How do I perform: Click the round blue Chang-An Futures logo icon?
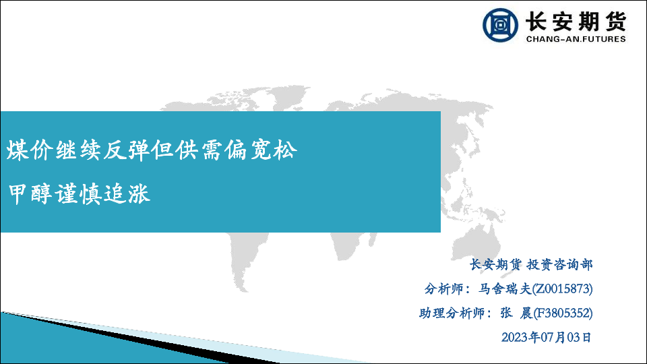click(x=500, y=25)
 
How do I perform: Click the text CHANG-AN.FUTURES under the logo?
click(x=576, y=39)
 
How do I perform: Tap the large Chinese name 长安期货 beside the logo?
click(x=576, y=21)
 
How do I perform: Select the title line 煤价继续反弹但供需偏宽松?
click(x=152, y=150)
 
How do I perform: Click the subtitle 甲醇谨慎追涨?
click(x=80, y=193)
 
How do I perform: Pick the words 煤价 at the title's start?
click(x=30, y=150)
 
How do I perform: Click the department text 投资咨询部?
click(x=559, y=264)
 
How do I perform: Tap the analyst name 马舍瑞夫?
click(x=505, y=289)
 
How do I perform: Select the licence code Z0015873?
click(x=562, y=289)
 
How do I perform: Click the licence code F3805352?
click(x=563, y=313)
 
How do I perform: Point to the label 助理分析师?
click(x=452, y=313)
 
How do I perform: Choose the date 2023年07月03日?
click(x=547, y=338)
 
